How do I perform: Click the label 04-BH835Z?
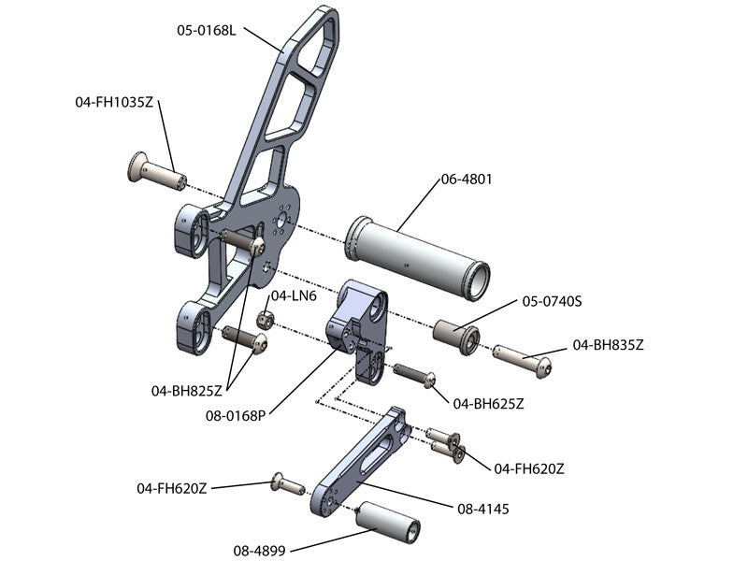609,345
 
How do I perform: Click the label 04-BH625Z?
488,404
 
